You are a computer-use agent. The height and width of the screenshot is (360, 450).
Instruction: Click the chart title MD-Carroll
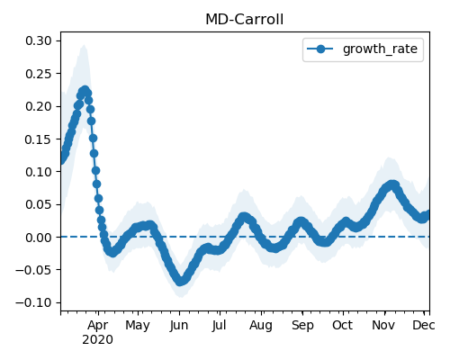click(x=244, y=20)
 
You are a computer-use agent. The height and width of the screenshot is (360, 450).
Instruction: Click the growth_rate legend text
click(x=380, y=49)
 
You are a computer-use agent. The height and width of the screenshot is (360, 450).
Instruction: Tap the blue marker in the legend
click(x=320, y=49)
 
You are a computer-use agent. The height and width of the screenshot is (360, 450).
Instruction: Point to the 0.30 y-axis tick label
click(x=39, y=40)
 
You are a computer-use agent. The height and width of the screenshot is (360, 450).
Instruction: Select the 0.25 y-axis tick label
click(x=39, y=74)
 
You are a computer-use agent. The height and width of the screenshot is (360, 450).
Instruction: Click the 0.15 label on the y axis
click(x=39, y=139)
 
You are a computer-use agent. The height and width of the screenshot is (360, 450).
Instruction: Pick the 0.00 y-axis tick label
click(x=39, y=238)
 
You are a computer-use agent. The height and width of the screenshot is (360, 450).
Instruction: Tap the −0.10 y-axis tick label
click(x=34, y=302)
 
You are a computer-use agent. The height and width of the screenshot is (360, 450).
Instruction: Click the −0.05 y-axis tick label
click(x=34, y=270)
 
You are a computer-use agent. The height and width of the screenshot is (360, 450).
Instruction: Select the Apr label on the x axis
click(x=98, y=326)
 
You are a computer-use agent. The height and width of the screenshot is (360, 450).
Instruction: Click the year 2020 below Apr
click(x=98, y=340)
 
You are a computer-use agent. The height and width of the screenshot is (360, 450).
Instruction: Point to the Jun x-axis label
click(x=179, y=326)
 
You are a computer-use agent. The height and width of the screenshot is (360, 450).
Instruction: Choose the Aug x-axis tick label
click(x=261, y=326)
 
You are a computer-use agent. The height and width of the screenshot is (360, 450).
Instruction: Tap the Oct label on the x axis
click(x=342, y=325)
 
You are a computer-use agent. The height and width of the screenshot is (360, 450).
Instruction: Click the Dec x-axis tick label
click(x=424, y=325)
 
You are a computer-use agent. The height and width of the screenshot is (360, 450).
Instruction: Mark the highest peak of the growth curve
click(x=85, y=91)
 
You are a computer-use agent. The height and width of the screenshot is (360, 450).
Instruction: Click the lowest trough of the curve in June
click(x=180, y=281)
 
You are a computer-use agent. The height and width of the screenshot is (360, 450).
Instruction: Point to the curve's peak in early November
click(x=391, y=184)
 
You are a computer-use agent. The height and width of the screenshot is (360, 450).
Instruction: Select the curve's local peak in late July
click(x=245, y=217)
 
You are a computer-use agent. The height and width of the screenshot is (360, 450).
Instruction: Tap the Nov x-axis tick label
click(x=383, y=325)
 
